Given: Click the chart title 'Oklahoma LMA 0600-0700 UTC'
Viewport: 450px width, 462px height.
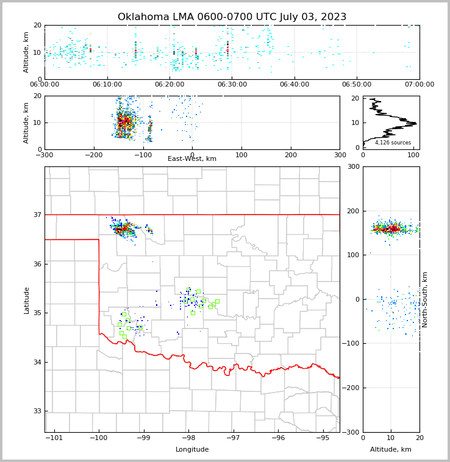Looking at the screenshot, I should [x=232, y=17].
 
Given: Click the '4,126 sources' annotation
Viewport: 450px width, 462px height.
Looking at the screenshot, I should [x=393, y=143].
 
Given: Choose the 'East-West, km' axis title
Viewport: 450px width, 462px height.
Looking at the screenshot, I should [x=192, y=159].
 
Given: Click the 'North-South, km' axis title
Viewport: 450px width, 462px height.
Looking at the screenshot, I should [x=425, y=299].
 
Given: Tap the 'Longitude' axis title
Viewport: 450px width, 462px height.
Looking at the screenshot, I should [x=192, y=450].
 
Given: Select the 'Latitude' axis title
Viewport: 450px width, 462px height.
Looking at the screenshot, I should [x=27, y=300].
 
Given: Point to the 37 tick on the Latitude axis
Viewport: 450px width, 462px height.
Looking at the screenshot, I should [x=37, y=215].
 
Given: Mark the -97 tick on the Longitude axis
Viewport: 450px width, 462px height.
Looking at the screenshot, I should [x=234, y=438].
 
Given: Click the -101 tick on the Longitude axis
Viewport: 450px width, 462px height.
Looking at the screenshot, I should [x=54, y=438].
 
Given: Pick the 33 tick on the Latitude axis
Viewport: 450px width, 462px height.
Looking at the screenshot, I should [x=37, y=411].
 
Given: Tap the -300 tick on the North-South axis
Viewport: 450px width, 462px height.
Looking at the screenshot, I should [x=352, y=433].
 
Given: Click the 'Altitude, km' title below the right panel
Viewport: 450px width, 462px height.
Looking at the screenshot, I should [x=391, y=450].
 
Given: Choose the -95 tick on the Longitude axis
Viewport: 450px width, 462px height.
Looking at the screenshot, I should [x=323, y=438].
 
